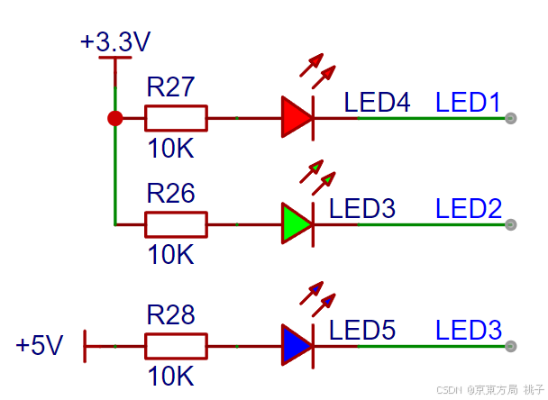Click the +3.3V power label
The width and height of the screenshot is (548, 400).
click(x=115, y=41)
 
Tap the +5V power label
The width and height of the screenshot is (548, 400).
click(x=40, y=345)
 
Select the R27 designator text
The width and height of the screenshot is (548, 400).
click(x=170, y=86)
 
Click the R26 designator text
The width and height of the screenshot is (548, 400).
click(x=170, y=193)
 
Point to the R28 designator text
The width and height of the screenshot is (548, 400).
click(x=170, y=314)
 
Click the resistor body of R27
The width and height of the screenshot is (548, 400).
click(x=176, y=118)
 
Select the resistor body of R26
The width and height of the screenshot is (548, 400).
click(x=176, y=224)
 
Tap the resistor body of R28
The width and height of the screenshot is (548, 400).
click(x=176, y=346)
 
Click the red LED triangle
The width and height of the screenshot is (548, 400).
click(x=295, y=118)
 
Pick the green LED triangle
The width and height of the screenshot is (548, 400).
click(x=295, y=223)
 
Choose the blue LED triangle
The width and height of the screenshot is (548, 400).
click(x=295, y=345)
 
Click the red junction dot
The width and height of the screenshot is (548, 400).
click(x=115, y=118)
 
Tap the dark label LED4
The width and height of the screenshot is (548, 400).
click(x=377, y=102)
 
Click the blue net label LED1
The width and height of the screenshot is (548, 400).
click(x=468, y=102)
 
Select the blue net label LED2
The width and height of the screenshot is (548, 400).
click(x=469, y=208)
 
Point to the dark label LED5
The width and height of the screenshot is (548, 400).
click(x=362, y=330)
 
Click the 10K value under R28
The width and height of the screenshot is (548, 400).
click(x=170, y=376)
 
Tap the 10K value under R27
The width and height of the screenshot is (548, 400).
click(x=170, y=148)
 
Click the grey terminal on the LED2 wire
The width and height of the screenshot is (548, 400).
click(x=511, y=224)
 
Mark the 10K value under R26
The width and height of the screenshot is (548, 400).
click(x=170, y=254)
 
